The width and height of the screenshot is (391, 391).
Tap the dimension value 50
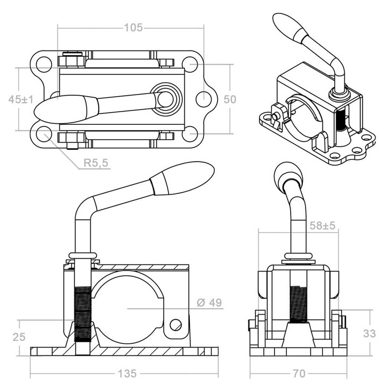click(229, 99)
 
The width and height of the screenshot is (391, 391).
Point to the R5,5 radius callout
click(96, 164)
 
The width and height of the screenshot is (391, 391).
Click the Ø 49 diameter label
click(209, 303)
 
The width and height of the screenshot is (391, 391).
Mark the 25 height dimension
click(19, 336)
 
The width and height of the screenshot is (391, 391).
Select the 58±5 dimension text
click(322, 225)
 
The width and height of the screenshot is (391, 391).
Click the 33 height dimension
click(370, 333)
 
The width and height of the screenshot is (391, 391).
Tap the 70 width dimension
click(299, 373)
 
